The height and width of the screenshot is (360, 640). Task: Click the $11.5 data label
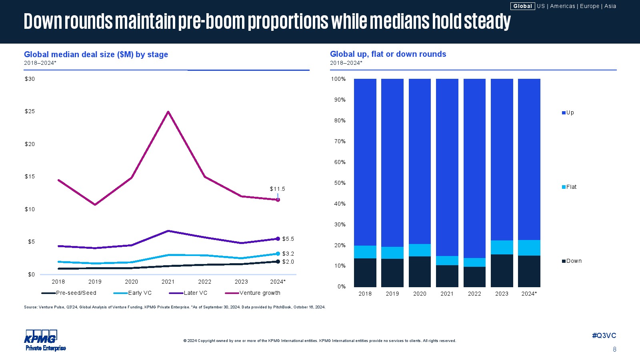(277, 189)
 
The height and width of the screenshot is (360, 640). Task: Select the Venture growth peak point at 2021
(168, 112)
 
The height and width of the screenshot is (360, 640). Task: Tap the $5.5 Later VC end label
(288, 239)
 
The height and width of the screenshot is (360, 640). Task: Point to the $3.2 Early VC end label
(288, 254)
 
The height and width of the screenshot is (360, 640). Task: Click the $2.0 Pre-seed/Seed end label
(288, 262)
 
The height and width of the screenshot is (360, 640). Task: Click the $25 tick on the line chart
(30, 111)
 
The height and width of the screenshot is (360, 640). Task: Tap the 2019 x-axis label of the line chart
(95, 282)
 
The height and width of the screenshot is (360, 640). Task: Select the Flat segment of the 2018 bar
(365, 252)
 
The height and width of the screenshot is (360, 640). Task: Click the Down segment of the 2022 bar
(474, 277)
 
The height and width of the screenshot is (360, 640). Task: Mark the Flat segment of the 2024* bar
(529, 248)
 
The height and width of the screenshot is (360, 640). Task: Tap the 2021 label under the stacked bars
(447, 294)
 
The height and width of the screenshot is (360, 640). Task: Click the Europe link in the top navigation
(590, 6)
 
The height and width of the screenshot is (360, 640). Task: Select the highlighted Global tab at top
(522, 6)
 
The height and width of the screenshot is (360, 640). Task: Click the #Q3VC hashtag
(604, 336)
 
